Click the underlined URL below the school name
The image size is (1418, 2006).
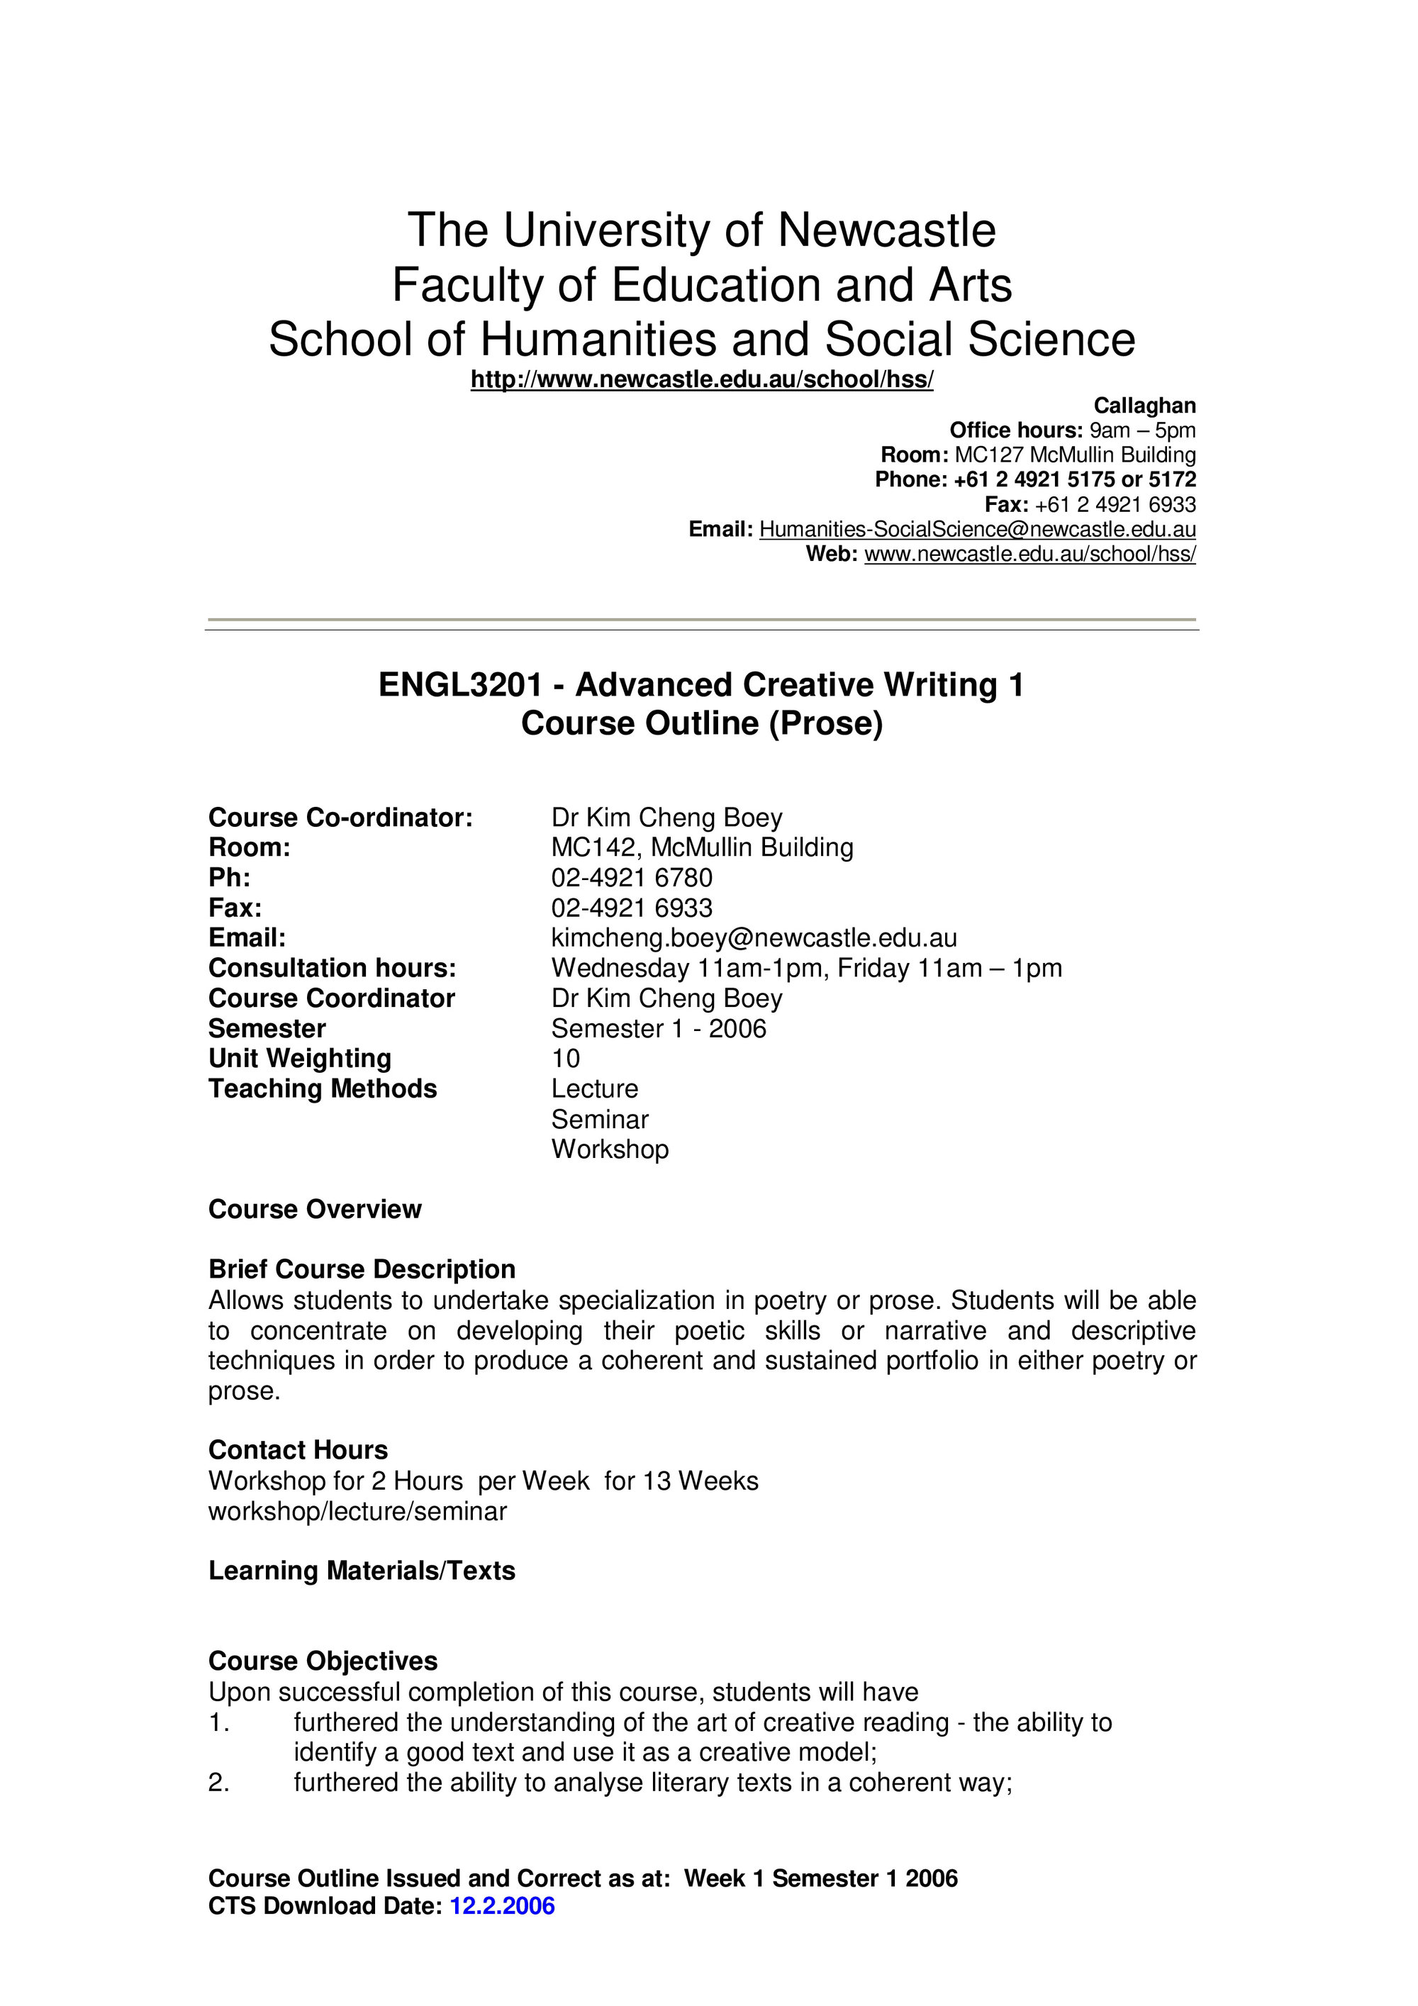702,380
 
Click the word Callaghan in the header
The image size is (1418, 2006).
1144,406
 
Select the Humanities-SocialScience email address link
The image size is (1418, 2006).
977,530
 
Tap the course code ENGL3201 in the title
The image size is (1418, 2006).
460,685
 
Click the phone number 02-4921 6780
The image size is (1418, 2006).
632,877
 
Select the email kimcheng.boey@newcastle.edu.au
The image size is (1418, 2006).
753,938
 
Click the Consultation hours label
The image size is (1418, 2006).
332,968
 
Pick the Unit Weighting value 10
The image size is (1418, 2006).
565,1059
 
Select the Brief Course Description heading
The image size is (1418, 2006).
362,1269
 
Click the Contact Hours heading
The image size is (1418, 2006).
298,1450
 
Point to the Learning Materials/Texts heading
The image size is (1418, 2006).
362,1571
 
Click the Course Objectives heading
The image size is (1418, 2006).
323,1661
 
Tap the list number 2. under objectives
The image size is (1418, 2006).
218,1783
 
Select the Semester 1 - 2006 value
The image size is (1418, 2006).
659,1028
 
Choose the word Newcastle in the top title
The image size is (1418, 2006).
886,230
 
